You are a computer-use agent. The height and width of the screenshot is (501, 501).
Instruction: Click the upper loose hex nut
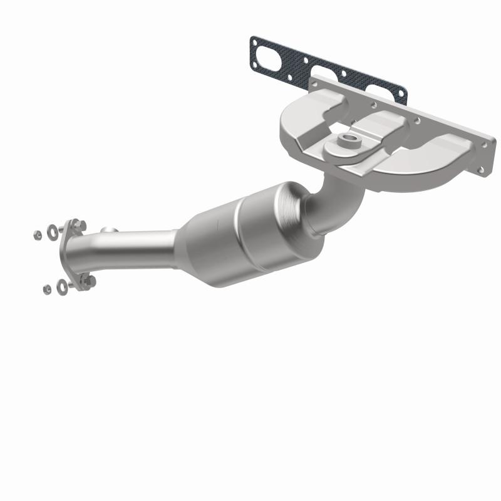[38, 235]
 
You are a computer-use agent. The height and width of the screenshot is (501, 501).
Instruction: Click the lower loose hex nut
[47, 289]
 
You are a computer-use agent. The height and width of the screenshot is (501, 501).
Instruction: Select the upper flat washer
[53, 229]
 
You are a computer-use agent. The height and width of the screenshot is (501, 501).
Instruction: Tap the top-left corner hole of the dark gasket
[254, 41]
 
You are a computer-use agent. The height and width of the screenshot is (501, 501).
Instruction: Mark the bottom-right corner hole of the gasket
[401, 100]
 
